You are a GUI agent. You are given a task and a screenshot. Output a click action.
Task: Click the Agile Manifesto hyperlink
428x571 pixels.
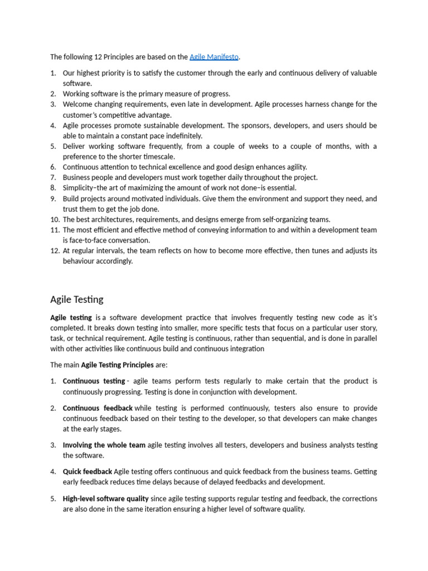point(214,57)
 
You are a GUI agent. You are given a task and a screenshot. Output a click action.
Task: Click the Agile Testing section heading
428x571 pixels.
point(77,299)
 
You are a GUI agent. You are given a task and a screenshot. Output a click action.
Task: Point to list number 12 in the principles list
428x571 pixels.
point(55,251)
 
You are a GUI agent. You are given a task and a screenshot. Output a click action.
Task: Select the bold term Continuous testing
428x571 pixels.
point(94,381)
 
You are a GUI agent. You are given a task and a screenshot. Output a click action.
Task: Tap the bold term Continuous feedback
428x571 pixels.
point(98,408)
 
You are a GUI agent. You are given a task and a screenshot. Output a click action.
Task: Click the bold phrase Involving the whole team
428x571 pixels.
point(104,445)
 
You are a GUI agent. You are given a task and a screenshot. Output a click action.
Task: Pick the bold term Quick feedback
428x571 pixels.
point(87,472)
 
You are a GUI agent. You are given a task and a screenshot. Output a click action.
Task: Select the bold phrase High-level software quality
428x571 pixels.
point(106,499)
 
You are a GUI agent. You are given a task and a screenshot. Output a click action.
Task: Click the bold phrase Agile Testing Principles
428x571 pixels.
point(118,365)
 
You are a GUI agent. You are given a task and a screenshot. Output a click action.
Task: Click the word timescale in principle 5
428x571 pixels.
point(158,157)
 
